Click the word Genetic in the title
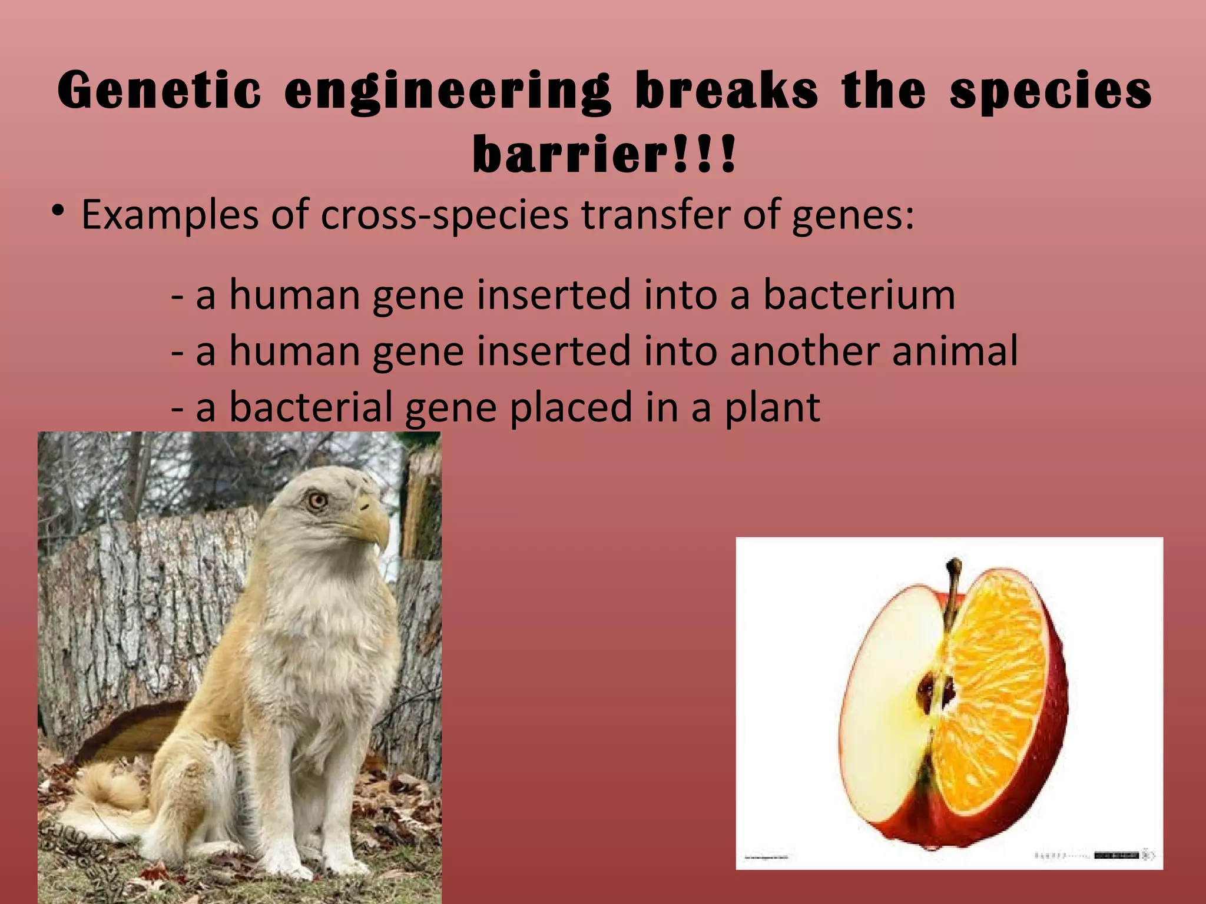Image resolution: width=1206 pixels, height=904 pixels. [x=159, y=91]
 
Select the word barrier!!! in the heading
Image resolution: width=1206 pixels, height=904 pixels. [x=604, y=155]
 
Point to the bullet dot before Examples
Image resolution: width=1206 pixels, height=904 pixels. [x=57, y=211]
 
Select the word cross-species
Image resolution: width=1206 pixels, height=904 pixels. [x=445, y=215]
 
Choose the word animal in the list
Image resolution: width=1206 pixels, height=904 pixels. [x=954, y=351]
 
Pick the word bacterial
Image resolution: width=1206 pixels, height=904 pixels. [x=310, y=407]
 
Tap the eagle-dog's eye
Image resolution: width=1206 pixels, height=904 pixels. [x=317, y=501]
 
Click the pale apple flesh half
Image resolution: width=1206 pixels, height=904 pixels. [x=883, y=706]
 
